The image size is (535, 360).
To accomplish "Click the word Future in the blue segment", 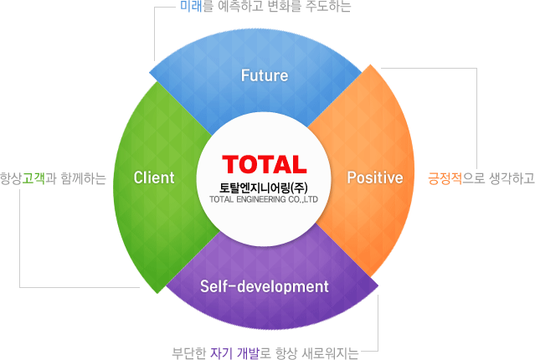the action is [265, 75].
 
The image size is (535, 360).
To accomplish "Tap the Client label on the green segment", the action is [154, 177].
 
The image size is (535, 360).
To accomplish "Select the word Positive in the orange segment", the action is [375, 177].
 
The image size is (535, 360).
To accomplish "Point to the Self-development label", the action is [264, 286].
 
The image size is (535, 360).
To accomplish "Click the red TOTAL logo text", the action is [265, 164].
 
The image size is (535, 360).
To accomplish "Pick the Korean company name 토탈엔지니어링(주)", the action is [264, 188].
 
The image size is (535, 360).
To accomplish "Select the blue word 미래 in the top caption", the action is [191, 6].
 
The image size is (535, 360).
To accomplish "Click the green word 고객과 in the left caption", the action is [39, 178].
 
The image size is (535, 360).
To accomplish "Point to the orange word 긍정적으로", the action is [456, 178].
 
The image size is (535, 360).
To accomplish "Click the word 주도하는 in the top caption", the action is [328, 6].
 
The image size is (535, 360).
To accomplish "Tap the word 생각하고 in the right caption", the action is [512, 178].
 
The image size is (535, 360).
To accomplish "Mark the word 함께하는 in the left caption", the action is [84, 178].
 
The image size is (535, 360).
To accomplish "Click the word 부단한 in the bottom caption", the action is [188, 353].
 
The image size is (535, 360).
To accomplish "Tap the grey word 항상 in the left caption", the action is [11, 178].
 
